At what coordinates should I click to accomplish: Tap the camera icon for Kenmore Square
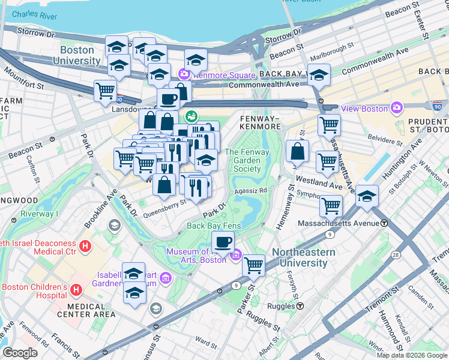click(184, 75)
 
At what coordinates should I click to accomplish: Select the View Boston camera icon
click(396, 109)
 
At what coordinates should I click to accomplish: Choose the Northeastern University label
click(303, 257)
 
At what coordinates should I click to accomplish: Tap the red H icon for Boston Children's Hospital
click(76, 290)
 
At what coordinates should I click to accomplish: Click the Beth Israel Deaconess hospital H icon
click(85, 246)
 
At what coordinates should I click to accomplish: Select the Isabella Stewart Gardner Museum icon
click(166, 278)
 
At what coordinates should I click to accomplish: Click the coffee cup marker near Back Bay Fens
click(223, 242)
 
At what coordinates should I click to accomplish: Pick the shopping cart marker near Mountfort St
click(106, 91)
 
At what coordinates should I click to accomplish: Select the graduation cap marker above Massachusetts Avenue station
click(366, 196)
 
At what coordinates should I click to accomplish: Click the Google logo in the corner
click(20, 353)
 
